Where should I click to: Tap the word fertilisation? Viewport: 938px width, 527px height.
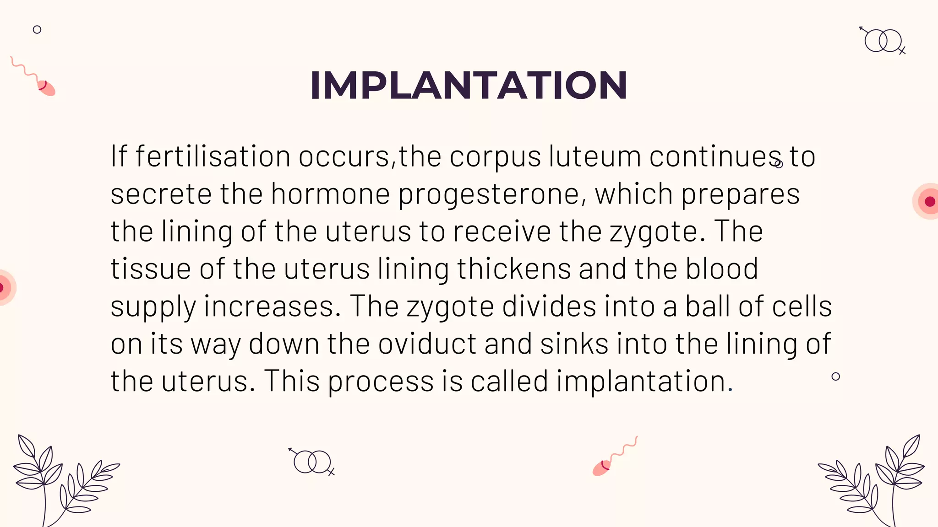tap(213, 156)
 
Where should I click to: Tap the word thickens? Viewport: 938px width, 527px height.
tap(514, 269)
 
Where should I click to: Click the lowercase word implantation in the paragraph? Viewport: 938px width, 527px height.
tap(641, 382)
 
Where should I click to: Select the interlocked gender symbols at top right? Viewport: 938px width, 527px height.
tap(883, 41)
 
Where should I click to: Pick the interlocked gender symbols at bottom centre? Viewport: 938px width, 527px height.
tap(312, 462)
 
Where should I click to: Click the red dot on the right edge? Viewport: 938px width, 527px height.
tap(930, 201)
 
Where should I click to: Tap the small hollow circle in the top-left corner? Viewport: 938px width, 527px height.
tap(37, 30)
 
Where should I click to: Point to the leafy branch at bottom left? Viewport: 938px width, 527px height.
tap(60, 480)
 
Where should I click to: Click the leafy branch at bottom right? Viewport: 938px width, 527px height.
tap(875, 480)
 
